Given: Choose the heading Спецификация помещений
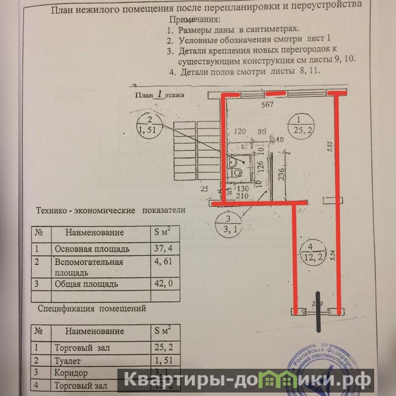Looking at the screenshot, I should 92,308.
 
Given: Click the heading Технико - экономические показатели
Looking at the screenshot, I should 110,210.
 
